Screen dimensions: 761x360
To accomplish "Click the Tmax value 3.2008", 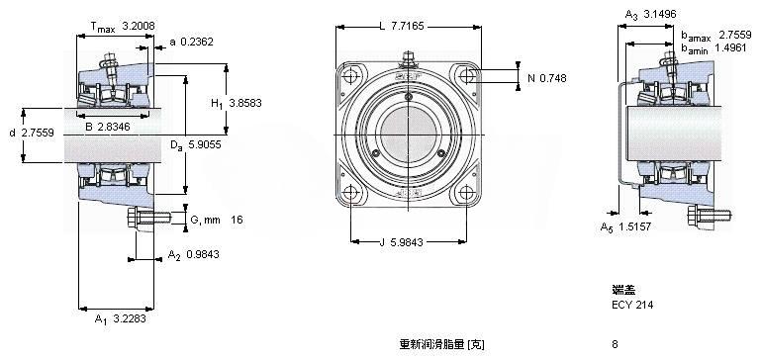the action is point(139,26).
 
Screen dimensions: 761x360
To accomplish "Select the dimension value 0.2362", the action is point(197,43).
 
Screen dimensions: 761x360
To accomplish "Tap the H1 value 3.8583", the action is point(245,103).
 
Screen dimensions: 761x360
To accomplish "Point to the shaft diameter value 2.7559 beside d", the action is point(38,133).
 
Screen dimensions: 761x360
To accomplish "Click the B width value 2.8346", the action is point(114,128).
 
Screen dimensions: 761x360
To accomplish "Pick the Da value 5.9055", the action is point(204,144).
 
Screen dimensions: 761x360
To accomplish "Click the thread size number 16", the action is point(237,220).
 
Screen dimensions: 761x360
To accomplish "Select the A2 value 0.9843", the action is point(203,254).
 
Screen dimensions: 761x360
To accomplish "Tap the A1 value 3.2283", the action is point(129,318).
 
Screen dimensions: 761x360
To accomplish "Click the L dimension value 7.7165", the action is point(407,26).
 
